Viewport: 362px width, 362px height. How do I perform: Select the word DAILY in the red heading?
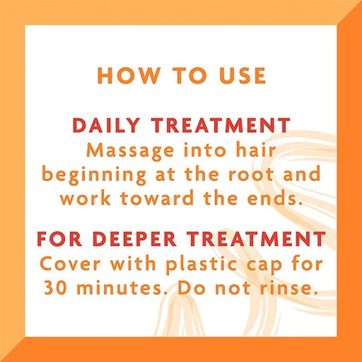point(106,125)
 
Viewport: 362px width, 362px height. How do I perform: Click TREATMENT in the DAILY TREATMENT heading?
point(221,125)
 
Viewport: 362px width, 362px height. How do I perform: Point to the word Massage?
point(130,152)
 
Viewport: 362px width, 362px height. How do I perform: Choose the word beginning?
point(94,175)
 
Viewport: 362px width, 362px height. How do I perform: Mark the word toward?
point(157,198)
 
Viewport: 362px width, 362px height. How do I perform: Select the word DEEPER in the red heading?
point(134,238)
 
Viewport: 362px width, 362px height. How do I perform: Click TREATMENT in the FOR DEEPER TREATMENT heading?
point(256,238)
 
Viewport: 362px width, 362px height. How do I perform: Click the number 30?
point(55,287)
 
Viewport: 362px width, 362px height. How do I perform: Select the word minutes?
point(118,287)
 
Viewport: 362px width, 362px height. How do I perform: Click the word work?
point(85,198)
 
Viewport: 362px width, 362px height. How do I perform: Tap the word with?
point(133,263)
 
